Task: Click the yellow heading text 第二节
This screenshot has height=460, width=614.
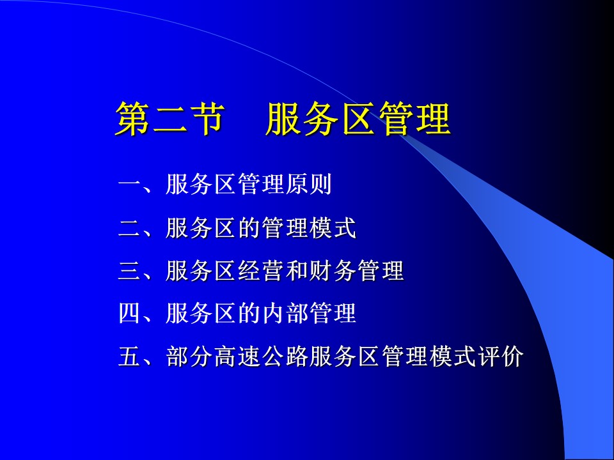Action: (170, 119)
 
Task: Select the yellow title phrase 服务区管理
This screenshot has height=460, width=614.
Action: (358, 119)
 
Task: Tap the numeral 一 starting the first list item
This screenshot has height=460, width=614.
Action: (130, 184)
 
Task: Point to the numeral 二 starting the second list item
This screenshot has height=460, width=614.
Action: (130, 227)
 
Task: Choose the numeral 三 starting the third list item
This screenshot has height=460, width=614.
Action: (130, 271)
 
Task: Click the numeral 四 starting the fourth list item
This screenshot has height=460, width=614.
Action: (130, 313)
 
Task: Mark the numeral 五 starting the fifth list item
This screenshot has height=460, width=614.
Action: (130, 356)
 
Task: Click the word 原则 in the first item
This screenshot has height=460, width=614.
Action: (309, 184)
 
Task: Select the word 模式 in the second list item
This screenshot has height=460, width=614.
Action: (333, 227)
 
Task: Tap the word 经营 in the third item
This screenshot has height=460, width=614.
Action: (261, 271)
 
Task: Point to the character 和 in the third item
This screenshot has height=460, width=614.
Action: (297, 271)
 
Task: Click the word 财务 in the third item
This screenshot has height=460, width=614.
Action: (333, 271)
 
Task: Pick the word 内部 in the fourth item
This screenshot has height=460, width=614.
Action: (285, 313)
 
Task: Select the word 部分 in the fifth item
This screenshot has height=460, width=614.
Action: (189, 356)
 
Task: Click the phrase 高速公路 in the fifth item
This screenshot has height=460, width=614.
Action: (261, 356)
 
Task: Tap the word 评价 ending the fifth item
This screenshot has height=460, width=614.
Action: (500, 356)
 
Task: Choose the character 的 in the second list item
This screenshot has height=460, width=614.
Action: (249, 227)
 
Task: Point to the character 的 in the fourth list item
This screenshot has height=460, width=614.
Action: (249, 313)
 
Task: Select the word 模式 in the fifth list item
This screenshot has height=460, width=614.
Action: (452, 356)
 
